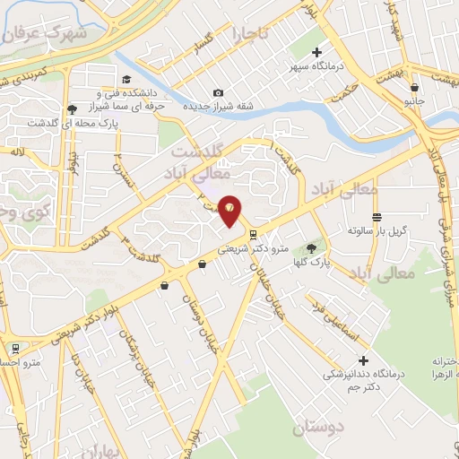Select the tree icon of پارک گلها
311,248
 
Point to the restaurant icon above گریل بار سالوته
377,218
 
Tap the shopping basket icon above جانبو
414,88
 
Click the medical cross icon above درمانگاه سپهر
316,53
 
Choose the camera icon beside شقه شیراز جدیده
218,92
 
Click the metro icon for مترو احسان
15,347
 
